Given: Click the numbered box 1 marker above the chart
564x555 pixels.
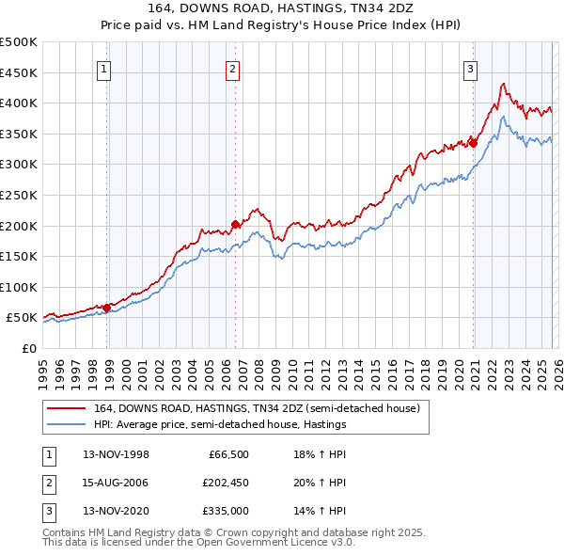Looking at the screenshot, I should pos(102,67).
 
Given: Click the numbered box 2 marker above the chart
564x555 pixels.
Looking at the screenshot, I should pos(232,67).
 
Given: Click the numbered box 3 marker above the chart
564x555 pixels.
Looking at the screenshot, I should pos(469,67).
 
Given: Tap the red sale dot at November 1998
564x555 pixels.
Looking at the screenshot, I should pos(107,307).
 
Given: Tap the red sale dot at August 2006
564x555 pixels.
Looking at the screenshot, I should pos(235,224).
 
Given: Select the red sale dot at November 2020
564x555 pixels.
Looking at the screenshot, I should pos(474,143).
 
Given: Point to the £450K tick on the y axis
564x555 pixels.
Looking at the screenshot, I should pos(19,72).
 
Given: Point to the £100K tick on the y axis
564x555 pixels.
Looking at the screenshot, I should pos(19,287).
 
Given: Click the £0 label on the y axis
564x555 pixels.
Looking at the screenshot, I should pos(27,348).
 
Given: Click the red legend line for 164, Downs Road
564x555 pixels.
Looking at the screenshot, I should pos(67,407).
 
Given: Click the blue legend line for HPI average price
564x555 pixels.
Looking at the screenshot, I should pos(67,424).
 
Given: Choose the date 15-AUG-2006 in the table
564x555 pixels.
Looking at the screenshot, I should pos(117,483).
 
